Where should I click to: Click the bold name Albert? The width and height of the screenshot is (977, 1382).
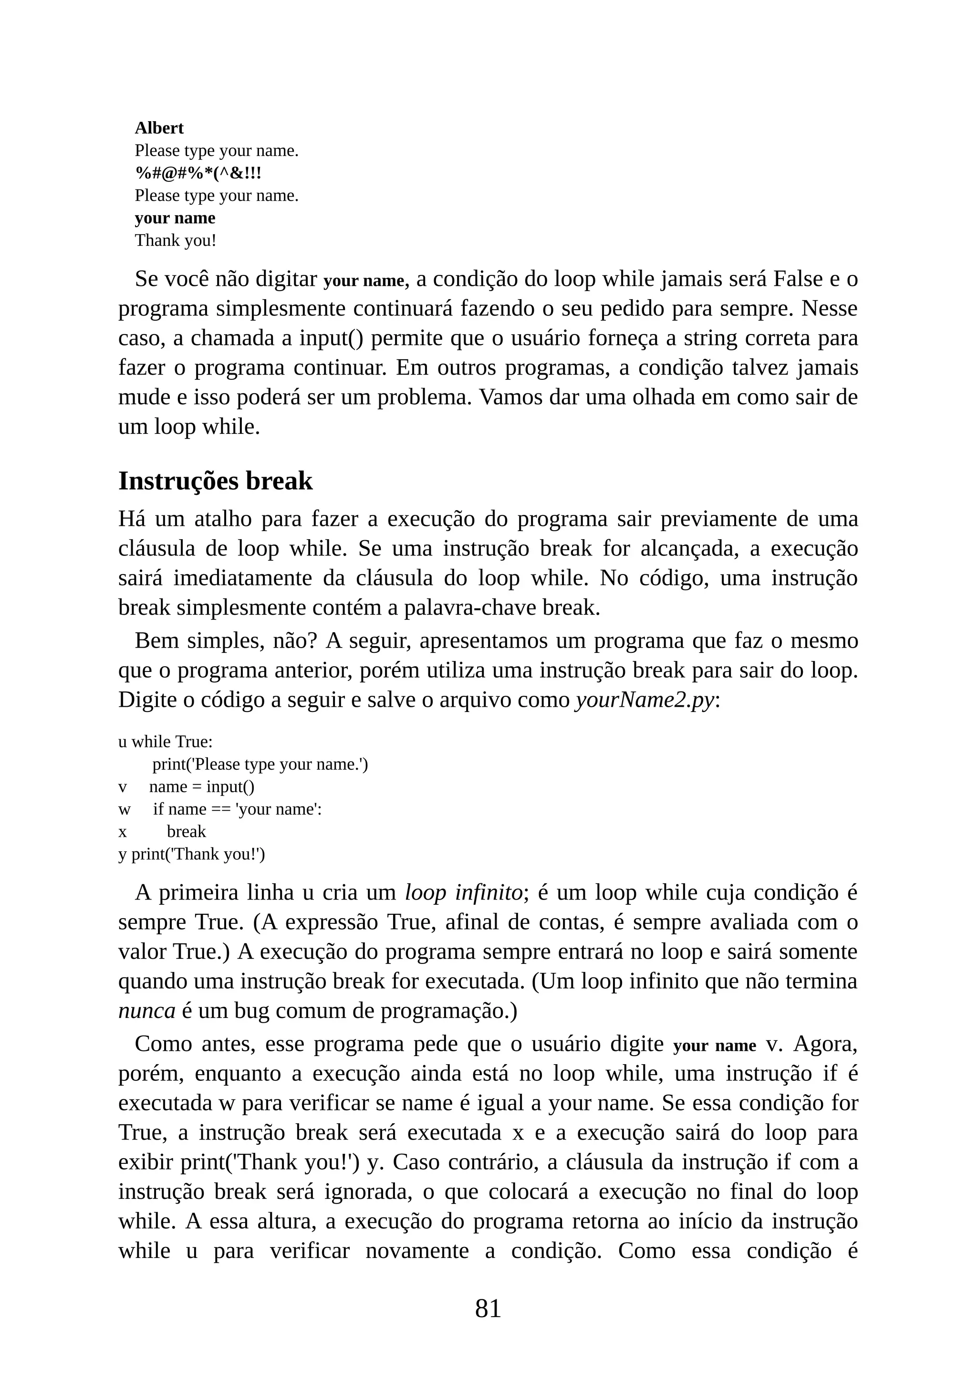[x=159, y=128]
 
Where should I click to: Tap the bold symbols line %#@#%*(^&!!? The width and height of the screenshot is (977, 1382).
[x=198, y=173]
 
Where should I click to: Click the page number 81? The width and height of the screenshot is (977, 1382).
[x=488, y=1308]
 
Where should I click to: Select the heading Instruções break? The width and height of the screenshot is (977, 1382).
[x=215, y=481]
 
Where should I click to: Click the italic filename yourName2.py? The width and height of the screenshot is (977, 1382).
[x=645, y=700]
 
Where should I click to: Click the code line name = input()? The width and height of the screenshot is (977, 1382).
[x=201, y=787]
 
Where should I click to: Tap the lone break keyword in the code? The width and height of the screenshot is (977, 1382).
[x=186, y=832]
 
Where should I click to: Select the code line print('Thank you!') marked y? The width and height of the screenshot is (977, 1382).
[x=198, y=854]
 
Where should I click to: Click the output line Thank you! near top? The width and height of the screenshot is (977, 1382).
[x=175, y=241]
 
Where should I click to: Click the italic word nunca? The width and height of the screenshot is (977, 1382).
[x=146, y=1011]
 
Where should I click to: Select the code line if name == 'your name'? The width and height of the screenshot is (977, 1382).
[x=237, y=809]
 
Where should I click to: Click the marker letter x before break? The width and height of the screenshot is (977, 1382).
[x=123, y=832]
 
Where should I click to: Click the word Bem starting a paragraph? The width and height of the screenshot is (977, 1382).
[x=156, y=641]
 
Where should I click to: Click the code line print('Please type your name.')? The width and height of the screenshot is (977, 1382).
[x=260, y=764]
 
